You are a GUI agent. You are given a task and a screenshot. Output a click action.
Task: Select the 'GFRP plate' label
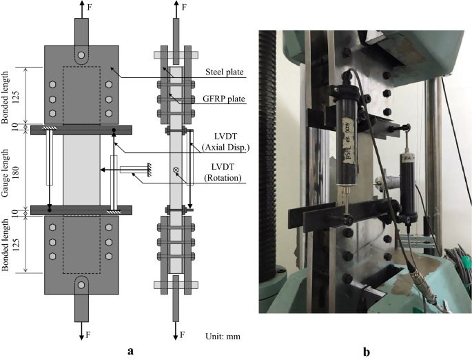coord(225,99)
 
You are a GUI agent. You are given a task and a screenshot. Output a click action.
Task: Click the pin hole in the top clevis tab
coord(81,55)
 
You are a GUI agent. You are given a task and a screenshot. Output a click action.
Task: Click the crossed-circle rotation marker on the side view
coord(176,170)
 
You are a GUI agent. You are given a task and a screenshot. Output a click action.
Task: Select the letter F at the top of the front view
coord(88,9)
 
